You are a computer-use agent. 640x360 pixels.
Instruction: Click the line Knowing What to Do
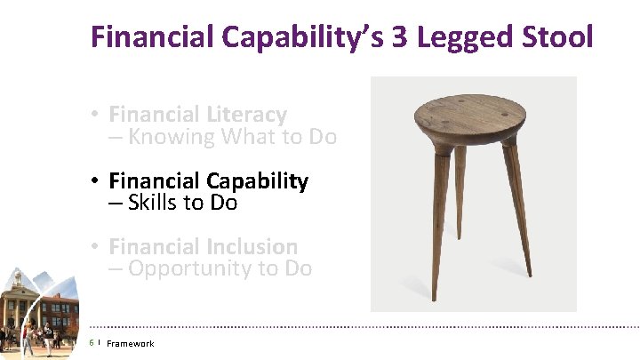tap(222, 137)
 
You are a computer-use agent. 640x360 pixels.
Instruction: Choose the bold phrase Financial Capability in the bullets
tap(208, 181)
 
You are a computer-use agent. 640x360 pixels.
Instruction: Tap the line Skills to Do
tap(172, 203)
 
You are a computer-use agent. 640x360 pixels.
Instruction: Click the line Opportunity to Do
tap(210, 268)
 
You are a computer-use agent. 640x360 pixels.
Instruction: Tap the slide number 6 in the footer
tap(92, 343)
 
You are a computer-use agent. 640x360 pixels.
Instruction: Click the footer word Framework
tap(130, 344)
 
